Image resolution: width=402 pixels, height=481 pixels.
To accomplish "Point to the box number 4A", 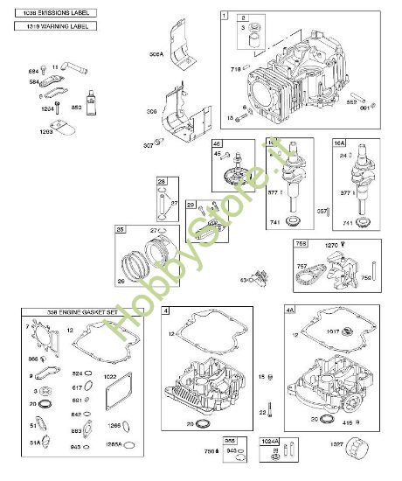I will (291, 310).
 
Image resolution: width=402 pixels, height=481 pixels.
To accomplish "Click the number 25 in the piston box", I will (121, 230).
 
